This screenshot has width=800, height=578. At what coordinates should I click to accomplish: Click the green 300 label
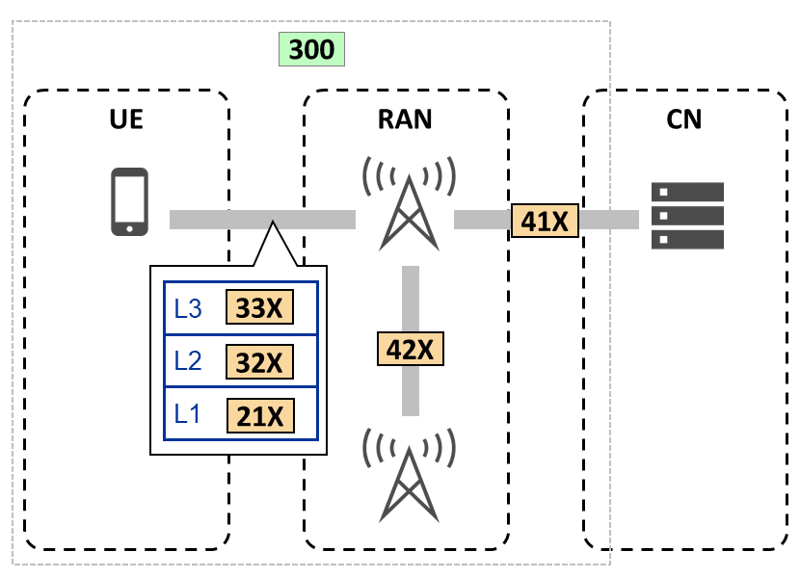311,49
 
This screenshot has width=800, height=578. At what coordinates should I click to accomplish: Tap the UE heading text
127,120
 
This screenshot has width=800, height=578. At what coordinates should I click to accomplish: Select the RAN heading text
405,120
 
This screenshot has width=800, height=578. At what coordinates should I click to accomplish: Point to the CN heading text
684,120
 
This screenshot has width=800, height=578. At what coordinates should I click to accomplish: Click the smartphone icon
129,201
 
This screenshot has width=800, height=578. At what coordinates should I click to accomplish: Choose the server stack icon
688,215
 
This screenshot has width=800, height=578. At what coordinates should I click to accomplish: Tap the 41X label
545,221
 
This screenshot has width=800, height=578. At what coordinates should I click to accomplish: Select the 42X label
411,348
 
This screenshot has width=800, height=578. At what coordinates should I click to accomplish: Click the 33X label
258,307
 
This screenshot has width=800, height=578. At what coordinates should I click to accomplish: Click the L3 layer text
188,308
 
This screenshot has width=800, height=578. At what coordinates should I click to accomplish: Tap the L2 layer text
188,361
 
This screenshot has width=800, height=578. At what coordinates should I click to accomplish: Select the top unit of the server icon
688,191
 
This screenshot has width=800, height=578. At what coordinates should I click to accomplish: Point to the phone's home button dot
129,228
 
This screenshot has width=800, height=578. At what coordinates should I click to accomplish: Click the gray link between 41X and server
608,220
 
